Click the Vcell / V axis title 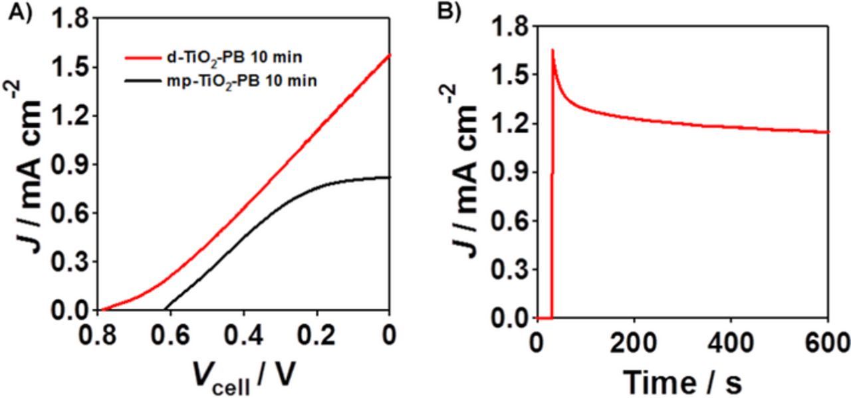pos(245,378)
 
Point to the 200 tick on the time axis pos(634,343)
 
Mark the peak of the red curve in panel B pos(552,50)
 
